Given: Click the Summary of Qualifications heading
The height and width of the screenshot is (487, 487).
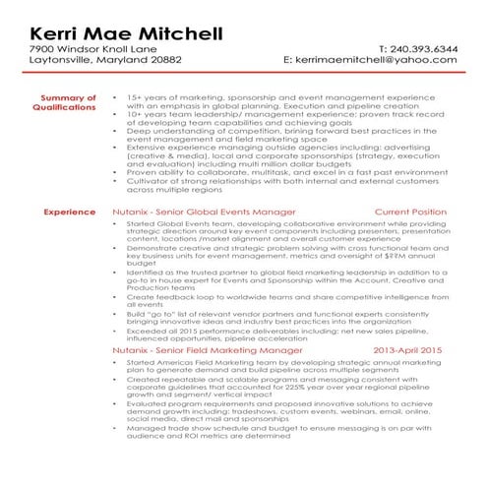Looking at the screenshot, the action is point(67,103).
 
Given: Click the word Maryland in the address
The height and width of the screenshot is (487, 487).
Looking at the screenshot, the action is point(120,61).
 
